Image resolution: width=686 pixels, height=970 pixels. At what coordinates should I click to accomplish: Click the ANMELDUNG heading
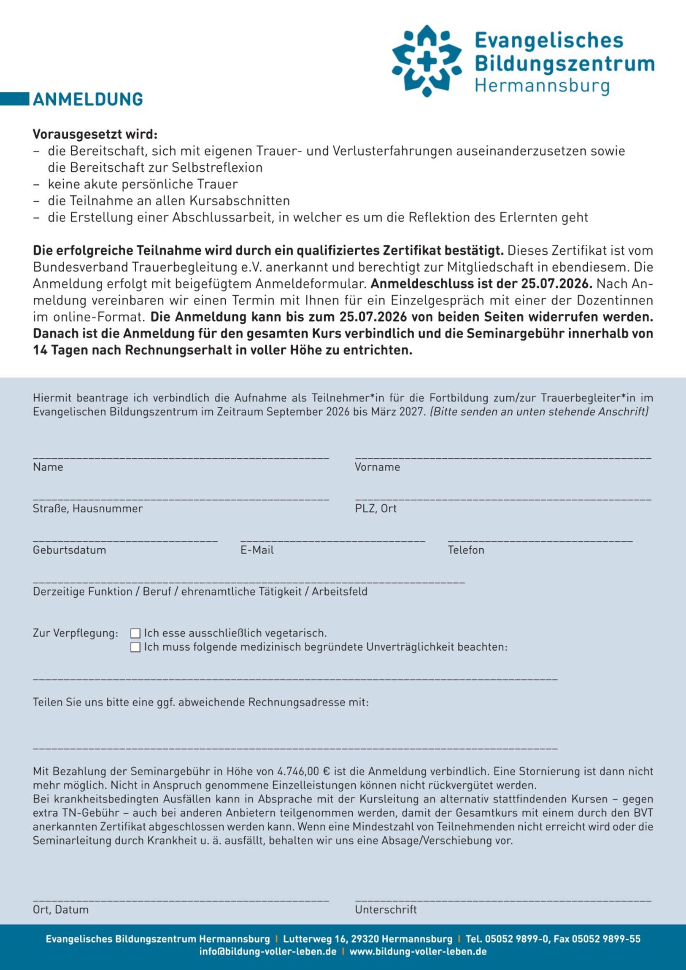[88, 100]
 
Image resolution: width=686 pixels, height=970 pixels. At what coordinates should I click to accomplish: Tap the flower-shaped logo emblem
[427, 60]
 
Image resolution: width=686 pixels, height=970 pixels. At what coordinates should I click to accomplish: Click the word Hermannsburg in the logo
[542, 86]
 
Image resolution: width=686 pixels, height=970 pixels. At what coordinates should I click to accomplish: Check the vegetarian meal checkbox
[135, 633]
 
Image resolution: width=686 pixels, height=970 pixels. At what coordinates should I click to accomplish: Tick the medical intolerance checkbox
[135, 647]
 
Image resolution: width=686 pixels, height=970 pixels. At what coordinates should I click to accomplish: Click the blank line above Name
[181, 458]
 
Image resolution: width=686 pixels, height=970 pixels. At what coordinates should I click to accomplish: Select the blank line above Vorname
[503, 458]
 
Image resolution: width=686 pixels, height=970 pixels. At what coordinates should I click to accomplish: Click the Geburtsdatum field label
[69, 550]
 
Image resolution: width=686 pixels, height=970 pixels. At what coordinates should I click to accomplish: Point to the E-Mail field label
[257, 550]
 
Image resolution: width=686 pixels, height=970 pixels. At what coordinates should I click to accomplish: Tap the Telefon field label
[466, 550]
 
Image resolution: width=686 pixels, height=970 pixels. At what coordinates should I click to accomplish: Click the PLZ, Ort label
[376, 508]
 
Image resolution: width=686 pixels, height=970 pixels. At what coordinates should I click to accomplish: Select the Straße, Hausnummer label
[88, 508]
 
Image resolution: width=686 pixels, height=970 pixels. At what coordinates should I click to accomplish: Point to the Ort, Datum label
[61, 910]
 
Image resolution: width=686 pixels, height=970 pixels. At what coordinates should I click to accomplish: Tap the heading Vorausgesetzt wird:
[95, 135]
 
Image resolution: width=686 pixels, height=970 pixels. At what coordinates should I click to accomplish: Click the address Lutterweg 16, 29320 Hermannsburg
[367, 939]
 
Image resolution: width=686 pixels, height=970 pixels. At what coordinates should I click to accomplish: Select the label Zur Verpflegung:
[76, 633]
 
